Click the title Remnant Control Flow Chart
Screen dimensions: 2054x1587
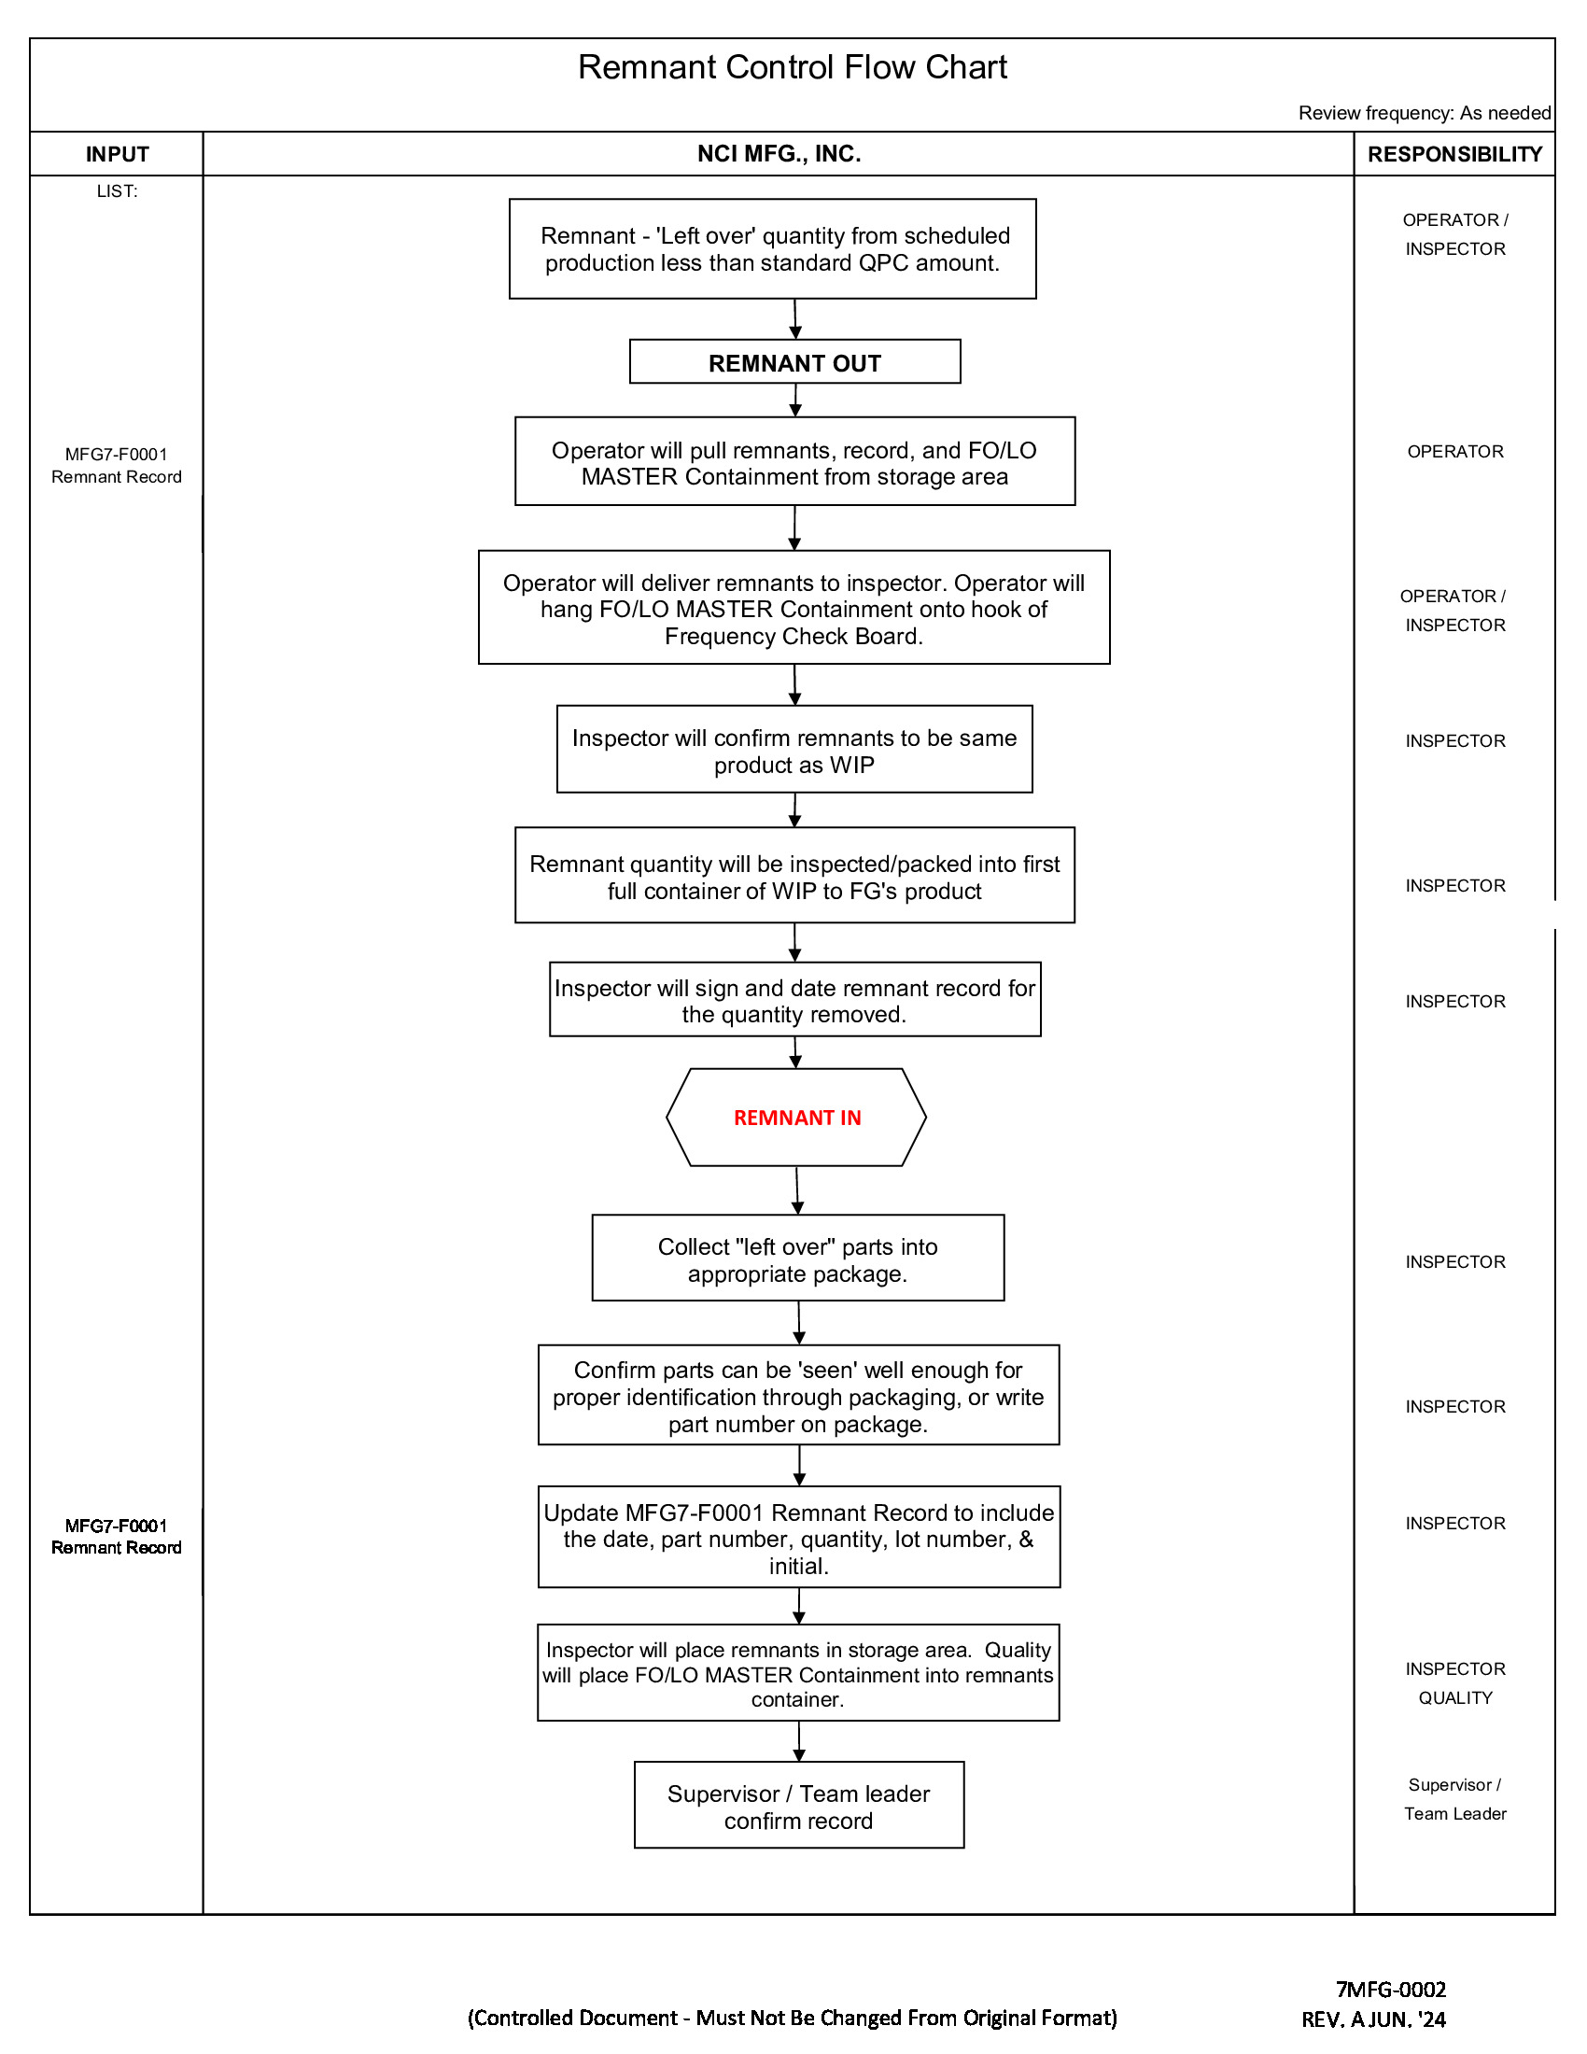pos(792,68)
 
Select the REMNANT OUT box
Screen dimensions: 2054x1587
pos(794,362)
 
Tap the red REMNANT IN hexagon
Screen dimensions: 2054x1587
pos(796,1118)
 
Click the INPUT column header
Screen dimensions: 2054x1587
pos(117,154)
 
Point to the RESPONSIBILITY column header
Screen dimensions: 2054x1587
pos(1454,154)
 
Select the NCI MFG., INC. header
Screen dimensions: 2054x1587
pos(779,154)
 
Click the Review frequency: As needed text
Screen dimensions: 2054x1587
pos(1424,113)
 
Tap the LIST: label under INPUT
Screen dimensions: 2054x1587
pos(117,190)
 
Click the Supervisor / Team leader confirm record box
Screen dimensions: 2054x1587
pos(798,1807)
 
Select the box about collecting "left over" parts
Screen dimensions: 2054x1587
pos(797,1259)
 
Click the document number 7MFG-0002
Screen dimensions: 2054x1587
pos(1391,1989)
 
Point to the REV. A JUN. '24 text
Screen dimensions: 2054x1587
pos(1372,2019)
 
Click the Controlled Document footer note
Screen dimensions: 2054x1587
pos(792,2019)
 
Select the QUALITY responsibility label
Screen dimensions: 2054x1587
pos(1454,1698)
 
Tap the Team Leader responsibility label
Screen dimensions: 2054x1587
pos(1454,1814)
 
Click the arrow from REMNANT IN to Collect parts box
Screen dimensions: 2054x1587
pos(797,1190)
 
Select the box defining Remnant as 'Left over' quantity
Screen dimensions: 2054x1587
pos(772,249)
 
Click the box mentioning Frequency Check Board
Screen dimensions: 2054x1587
pos(793,609)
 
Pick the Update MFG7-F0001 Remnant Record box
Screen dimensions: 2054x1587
pos(798,1539)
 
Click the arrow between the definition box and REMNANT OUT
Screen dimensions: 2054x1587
pos(795,319)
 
